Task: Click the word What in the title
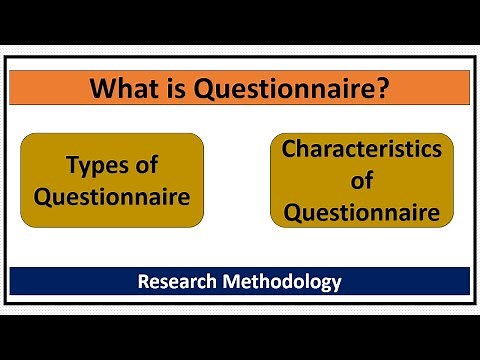[124, 91]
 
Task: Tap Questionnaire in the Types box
[112, 196]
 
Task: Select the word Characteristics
[361, 149]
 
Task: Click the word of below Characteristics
[361, 181]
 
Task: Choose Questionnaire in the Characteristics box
[361, 213]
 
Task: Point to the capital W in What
[102, 91]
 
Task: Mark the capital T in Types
[72, 165]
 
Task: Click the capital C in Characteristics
[288, 149]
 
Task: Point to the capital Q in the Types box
[42, 196]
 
